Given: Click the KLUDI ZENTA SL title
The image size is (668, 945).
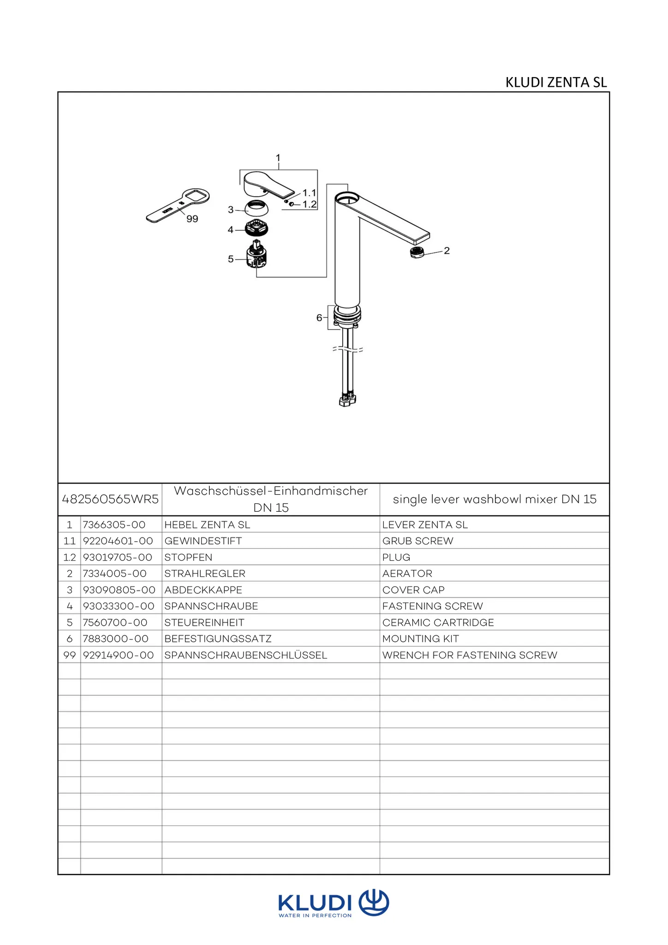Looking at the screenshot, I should coord(556,82).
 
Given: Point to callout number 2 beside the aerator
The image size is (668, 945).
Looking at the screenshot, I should coord(447,251).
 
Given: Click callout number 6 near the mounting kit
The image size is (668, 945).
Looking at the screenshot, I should coord(319,317).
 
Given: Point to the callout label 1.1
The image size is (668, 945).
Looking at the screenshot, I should coord(309,193).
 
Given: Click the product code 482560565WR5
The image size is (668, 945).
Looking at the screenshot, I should coord(110,499).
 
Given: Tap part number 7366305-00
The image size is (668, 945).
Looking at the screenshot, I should coord(114,525).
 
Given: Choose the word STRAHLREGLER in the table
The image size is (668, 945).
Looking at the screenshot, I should coord(205,574).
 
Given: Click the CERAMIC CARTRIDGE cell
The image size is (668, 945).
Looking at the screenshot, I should coord(438,622).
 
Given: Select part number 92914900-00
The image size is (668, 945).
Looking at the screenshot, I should coord(118,655).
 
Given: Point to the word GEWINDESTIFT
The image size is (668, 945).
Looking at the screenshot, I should coord(203,541).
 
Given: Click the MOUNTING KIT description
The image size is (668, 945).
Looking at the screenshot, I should coord(420,639).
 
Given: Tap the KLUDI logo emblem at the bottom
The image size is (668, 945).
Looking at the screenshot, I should coord(374,903).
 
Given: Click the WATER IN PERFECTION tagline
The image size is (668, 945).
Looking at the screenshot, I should coord(315,915).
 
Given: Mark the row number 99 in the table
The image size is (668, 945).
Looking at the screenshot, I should coord(69,655).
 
